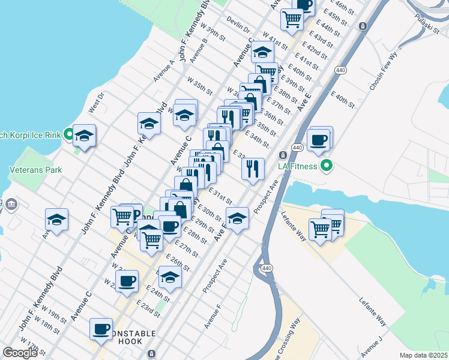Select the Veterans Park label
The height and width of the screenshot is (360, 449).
click(x=35, y=170)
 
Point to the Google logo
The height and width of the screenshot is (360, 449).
click(x=20, y=353)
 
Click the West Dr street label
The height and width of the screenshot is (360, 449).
click(x=96, y=102)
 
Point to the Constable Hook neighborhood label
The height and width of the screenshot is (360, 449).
click(x=125, y=337)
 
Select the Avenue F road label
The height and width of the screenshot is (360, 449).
click(x=212, y=316)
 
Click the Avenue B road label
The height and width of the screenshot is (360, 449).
click(x=198, y=51)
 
